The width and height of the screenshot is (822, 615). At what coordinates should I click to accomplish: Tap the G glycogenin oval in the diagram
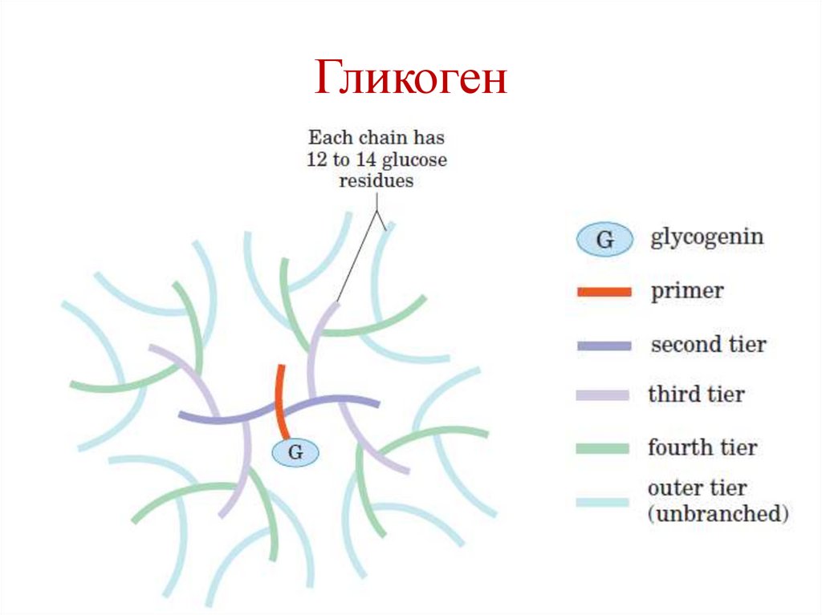(x=295, y=453)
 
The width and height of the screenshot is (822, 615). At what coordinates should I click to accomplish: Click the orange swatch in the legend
(x=603, y=292)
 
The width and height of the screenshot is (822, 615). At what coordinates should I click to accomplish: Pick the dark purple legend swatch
(x=603, y=346)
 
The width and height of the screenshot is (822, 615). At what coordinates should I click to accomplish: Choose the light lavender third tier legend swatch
(x=603, y=395)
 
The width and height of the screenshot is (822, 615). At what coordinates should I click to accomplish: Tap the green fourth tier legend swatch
(x=603, y=447)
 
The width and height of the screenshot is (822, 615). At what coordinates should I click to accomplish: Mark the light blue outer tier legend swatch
(x=603, y=502)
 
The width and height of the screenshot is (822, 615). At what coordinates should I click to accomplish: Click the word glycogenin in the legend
(x=706, y=238)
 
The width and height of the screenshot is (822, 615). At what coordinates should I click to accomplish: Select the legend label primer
(x=686, y=291)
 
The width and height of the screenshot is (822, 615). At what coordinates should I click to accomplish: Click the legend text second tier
(x=708, y=345)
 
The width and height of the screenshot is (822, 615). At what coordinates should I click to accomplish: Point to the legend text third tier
(x=696, y=394)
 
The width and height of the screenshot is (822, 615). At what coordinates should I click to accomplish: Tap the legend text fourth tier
(x=702, y=447)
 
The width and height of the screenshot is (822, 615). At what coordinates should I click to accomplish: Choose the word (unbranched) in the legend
(x=718, y=514)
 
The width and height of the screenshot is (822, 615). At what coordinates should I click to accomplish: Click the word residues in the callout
(x=376, y=180)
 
